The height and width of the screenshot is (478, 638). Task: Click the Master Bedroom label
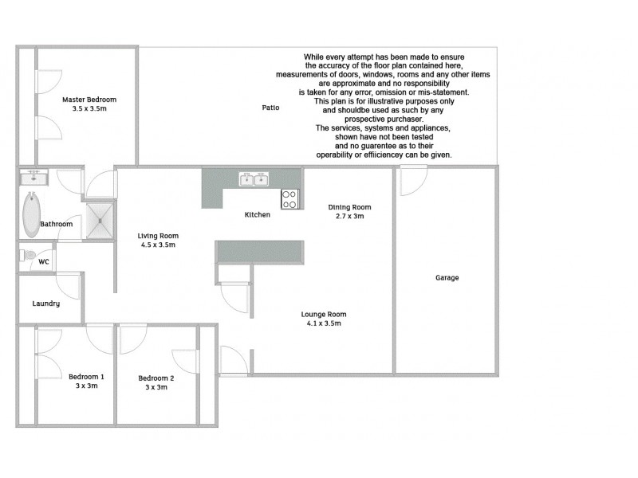click(89, 100)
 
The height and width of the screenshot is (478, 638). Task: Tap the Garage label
click(447, 278)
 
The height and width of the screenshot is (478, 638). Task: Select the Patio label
click(270, 108)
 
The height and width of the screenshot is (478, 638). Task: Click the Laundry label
click(45, 304)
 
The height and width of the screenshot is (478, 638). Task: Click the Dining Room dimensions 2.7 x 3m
click(349, 217)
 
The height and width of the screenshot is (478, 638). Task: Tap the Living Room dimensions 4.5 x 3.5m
click(157, 245)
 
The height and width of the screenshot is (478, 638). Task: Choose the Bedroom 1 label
click(86, 377)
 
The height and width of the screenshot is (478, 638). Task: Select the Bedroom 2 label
click(156, 378)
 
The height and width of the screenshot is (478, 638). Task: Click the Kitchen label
click(257, 215)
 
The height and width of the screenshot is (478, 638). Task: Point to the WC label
click(44, 261)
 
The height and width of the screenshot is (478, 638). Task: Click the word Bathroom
click(57, 225)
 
